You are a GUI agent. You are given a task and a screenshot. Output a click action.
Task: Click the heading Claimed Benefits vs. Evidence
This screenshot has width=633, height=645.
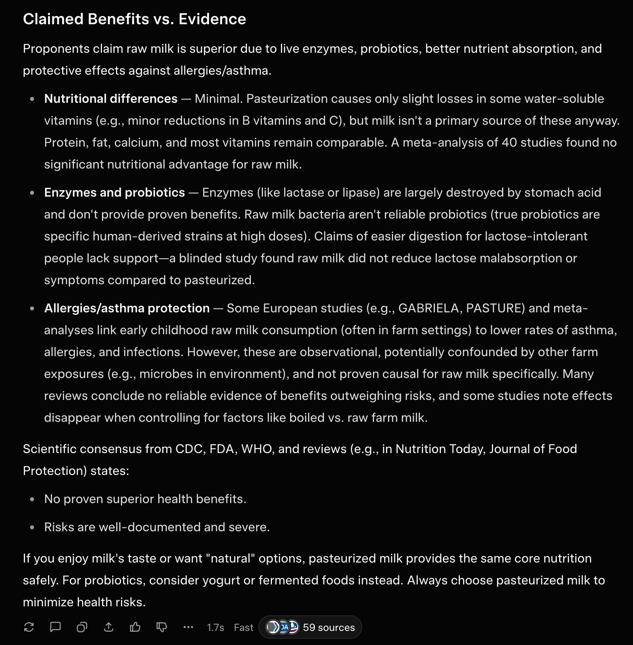coord(134,19)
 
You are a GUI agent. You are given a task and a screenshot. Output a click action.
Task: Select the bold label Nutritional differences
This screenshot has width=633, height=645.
coord(111,99)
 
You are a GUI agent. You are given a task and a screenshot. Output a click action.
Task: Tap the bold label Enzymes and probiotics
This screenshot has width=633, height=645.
coord(114,192)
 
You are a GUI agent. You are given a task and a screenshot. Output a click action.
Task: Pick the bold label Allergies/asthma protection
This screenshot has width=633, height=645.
coord(127,308)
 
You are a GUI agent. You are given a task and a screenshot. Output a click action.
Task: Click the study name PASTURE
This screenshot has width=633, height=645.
coord(495,308)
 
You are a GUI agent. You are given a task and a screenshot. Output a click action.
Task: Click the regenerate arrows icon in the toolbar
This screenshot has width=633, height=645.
coord(29,627)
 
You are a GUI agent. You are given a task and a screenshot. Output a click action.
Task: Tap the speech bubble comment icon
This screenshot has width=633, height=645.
coord(55,627)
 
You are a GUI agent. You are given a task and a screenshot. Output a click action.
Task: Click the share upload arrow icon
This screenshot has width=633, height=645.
coord(109,627)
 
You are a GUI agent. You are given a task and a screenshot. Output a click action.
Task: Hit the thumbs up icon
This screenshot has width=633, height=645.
coord(135,627)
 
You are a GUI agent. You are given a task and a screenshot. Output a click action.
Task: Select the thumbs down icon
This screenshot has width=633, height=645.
coord(162,627)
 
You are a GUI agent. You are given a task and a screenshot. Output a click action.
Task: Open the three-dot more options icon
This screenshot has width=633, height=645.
coord(188,627)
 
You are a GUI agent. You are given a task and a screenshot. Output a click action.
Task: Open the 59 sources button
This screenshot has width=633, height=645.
coord(310,627)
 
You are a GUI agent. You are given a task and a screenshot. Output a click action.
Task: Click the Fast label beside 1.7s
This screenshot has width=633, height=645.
coord(243,627)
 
